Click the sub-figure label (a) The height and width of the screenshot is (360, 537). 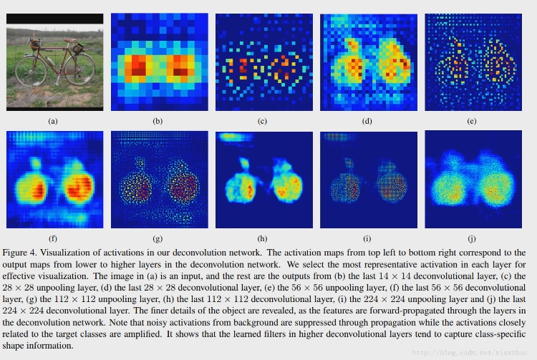pyautogui.click(x=52, y=122)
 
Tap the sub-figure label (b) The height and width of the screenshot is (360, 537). pyautogui.click(x=158, y=122)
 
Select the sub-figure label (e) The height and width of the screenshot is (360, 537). pyautogui.click(x=471, y=122)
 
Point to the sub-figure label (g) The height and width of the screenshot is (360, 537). pyautogui.click(x=158, y=238)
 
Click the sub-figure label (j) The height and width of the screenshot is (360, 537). pyautogui.click(x=471, y=238)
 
